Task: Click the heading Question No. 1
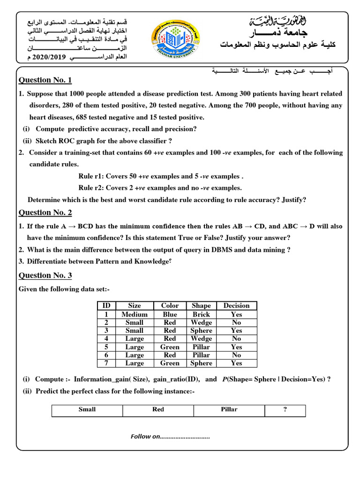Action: pyautogui.click(x=45, y=80)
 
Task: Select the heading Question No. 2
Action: pyautogui.click(x=45, y=212)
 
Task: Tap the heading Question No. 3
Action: pyautogui.click(x=45, y=275)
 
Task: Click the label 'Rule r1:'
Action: pyautogui.click(x=91, y=176)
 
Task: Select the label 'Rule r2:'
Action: pyautogui.click(x=91, y=187)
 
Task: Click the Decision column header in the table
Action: pyautogui.click(x=236, y=306)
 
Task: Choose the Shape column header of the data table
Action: pyautogui.click(x=201, y=306)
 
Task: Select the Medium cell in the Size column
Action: pyautogui.click(x=135, y=315)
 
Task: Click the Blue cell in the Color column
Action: pyautogui.click(x=170, y=315)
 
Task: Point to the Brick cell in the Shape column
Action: pyautogui.click(x=201, y=315)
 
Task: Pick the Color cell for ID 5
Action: pyautogui.click(x=170, y=347)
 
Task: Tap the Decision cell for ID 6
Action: pyautogui.click(x=236, y=355)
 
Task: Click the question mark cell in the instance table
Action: pyautogui.click(x=285, y=410)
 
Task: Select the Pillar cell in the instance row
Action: pyautogui.click(x=229, y=410)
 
